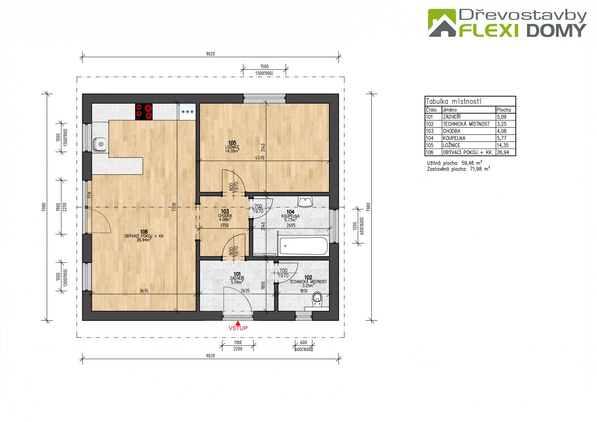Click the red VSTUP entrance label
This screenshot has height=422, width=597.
[x=238, y=328]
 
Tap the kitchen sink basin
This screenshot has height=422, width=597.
[x=100, y=144]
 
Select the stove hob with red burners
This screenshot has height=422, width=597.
[x=144, y=111]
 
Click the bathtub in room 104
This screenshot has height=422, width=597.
[x=303, y=246]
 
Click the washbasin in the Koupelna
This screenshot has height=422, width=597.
[x=305, y=202]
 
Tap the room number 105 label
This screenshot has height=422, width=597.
[x=232, y=143]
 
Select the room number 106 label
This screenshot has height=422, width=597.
[x=144, y=232]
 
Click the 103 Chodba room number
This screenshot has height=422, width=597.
[x=225, y=211]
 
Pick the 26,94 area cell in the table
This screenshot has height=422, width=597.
[x=503, y=152]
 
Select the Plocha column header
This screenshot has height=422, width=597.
[x=504, y=110]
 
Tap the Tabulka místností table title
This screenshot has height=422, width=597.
[x=453, y=101]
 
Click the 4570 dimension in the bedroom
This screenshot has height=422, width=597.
[x=260, y=158]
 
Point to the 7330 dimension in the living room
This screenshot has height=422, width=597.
[x=174, y=207]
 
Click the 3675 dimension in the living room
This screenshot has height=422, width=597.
[x=144, y=291]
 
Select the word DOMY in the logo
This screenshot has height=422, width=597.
[x=556, y=31]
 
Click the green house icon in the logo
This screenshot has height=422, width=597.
[x=442, y=23]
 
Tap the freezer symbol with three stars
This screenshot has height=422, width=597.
[x=187, y=111]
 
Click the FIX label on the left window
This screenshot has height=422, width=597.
[x=89, y=195]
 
